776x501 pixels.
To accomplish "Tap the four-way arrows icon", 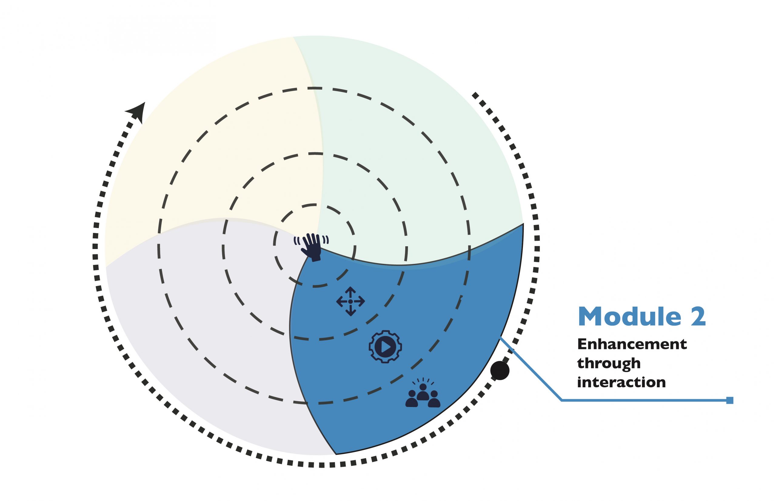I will (350, 301).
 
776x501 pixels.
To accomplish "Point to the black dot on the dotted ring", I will (500, 370).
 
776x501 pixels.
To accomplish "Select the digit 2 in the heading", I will (698, 317).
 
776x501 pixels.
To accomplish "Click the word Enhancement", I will (632, 344).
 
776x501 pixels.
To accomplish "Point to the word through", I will (609, 363).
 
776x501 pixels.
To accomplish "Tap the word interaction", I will (621, 382).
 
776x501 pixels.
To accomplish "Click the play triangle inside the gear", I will (386, 347).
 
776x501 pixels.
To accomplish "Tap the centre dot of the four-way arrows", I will (350, 301).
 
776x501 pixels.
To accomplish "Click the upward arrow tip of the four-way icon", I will (350, 289).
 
